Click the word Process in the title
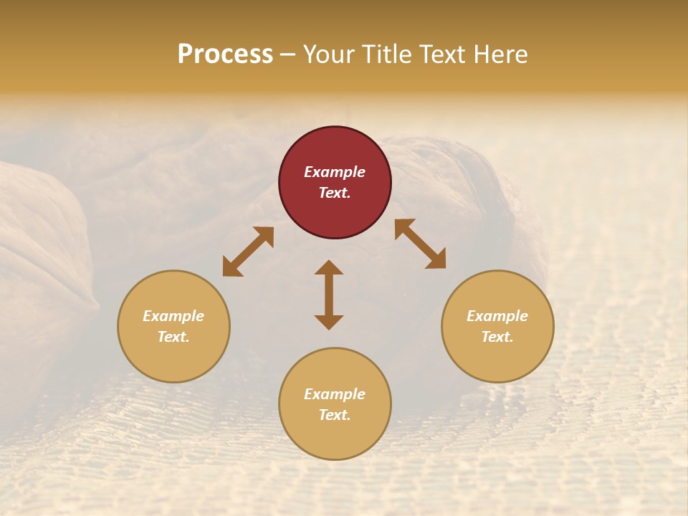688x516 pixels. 225,54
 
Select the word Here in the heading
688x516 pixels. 500,54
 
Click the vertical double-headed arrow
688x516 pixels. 329,295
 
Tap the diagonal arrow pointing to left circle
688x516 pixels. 248,252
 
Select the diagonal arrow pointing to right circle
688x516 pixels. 420,244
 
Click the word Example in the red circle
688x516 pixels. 335,172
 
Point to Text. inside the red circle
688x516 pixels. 335,193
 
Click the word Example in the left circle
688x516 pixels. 173,316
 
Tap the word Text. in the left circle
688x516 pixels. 173,337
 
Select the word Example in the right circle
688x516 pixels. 497,316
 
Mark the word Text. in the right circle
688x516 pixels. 497,337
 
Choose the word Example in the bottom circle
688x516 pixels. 335,394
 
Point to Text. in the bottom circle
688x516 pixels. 335,415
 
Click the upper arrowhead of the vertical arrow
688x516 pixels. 329,268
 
